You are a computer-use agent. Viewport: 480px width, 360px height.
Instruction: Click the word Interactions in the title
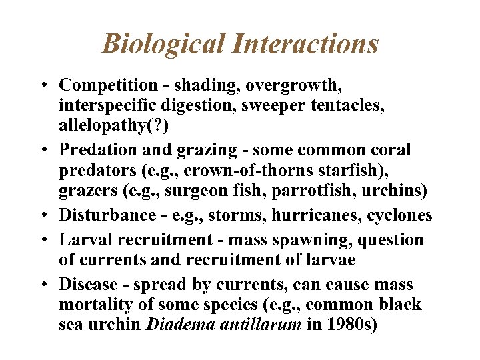point(306,44)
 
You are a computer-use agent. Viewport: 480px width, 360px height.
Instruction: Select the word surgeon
point(197,193)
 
